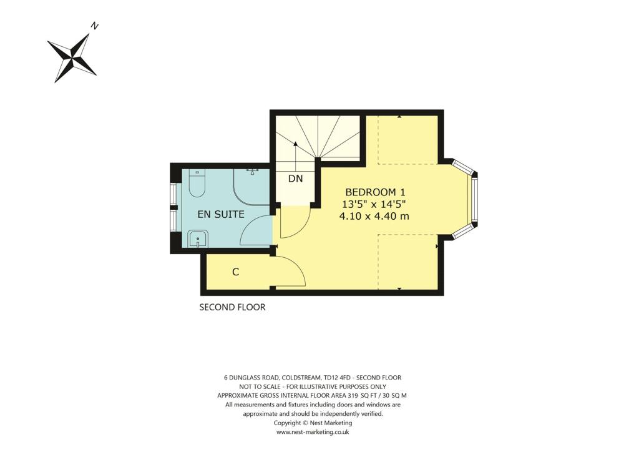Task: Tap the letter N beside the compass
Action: (x=95, y=26)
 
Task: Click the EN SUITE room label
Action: (x=220, y=214)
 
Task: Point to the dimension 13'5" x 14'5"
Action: (x=374, y=204)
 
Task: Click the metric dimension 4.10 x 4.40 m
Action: (x=374, y=216)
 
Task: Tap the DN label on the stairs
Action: (x=295, y=179)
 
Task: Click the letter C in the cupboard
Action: (x=236, y=272)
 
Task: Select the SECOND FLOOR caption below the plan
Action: (x=232, y=307)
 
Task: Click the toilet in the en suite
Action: (x=197, y=182)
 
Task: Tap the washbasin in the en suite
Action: (x=197, y=238)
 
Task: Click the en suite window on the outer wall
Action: (x=174, y=206)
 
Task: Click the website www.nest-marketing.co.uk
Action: (x=312, y=431)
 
